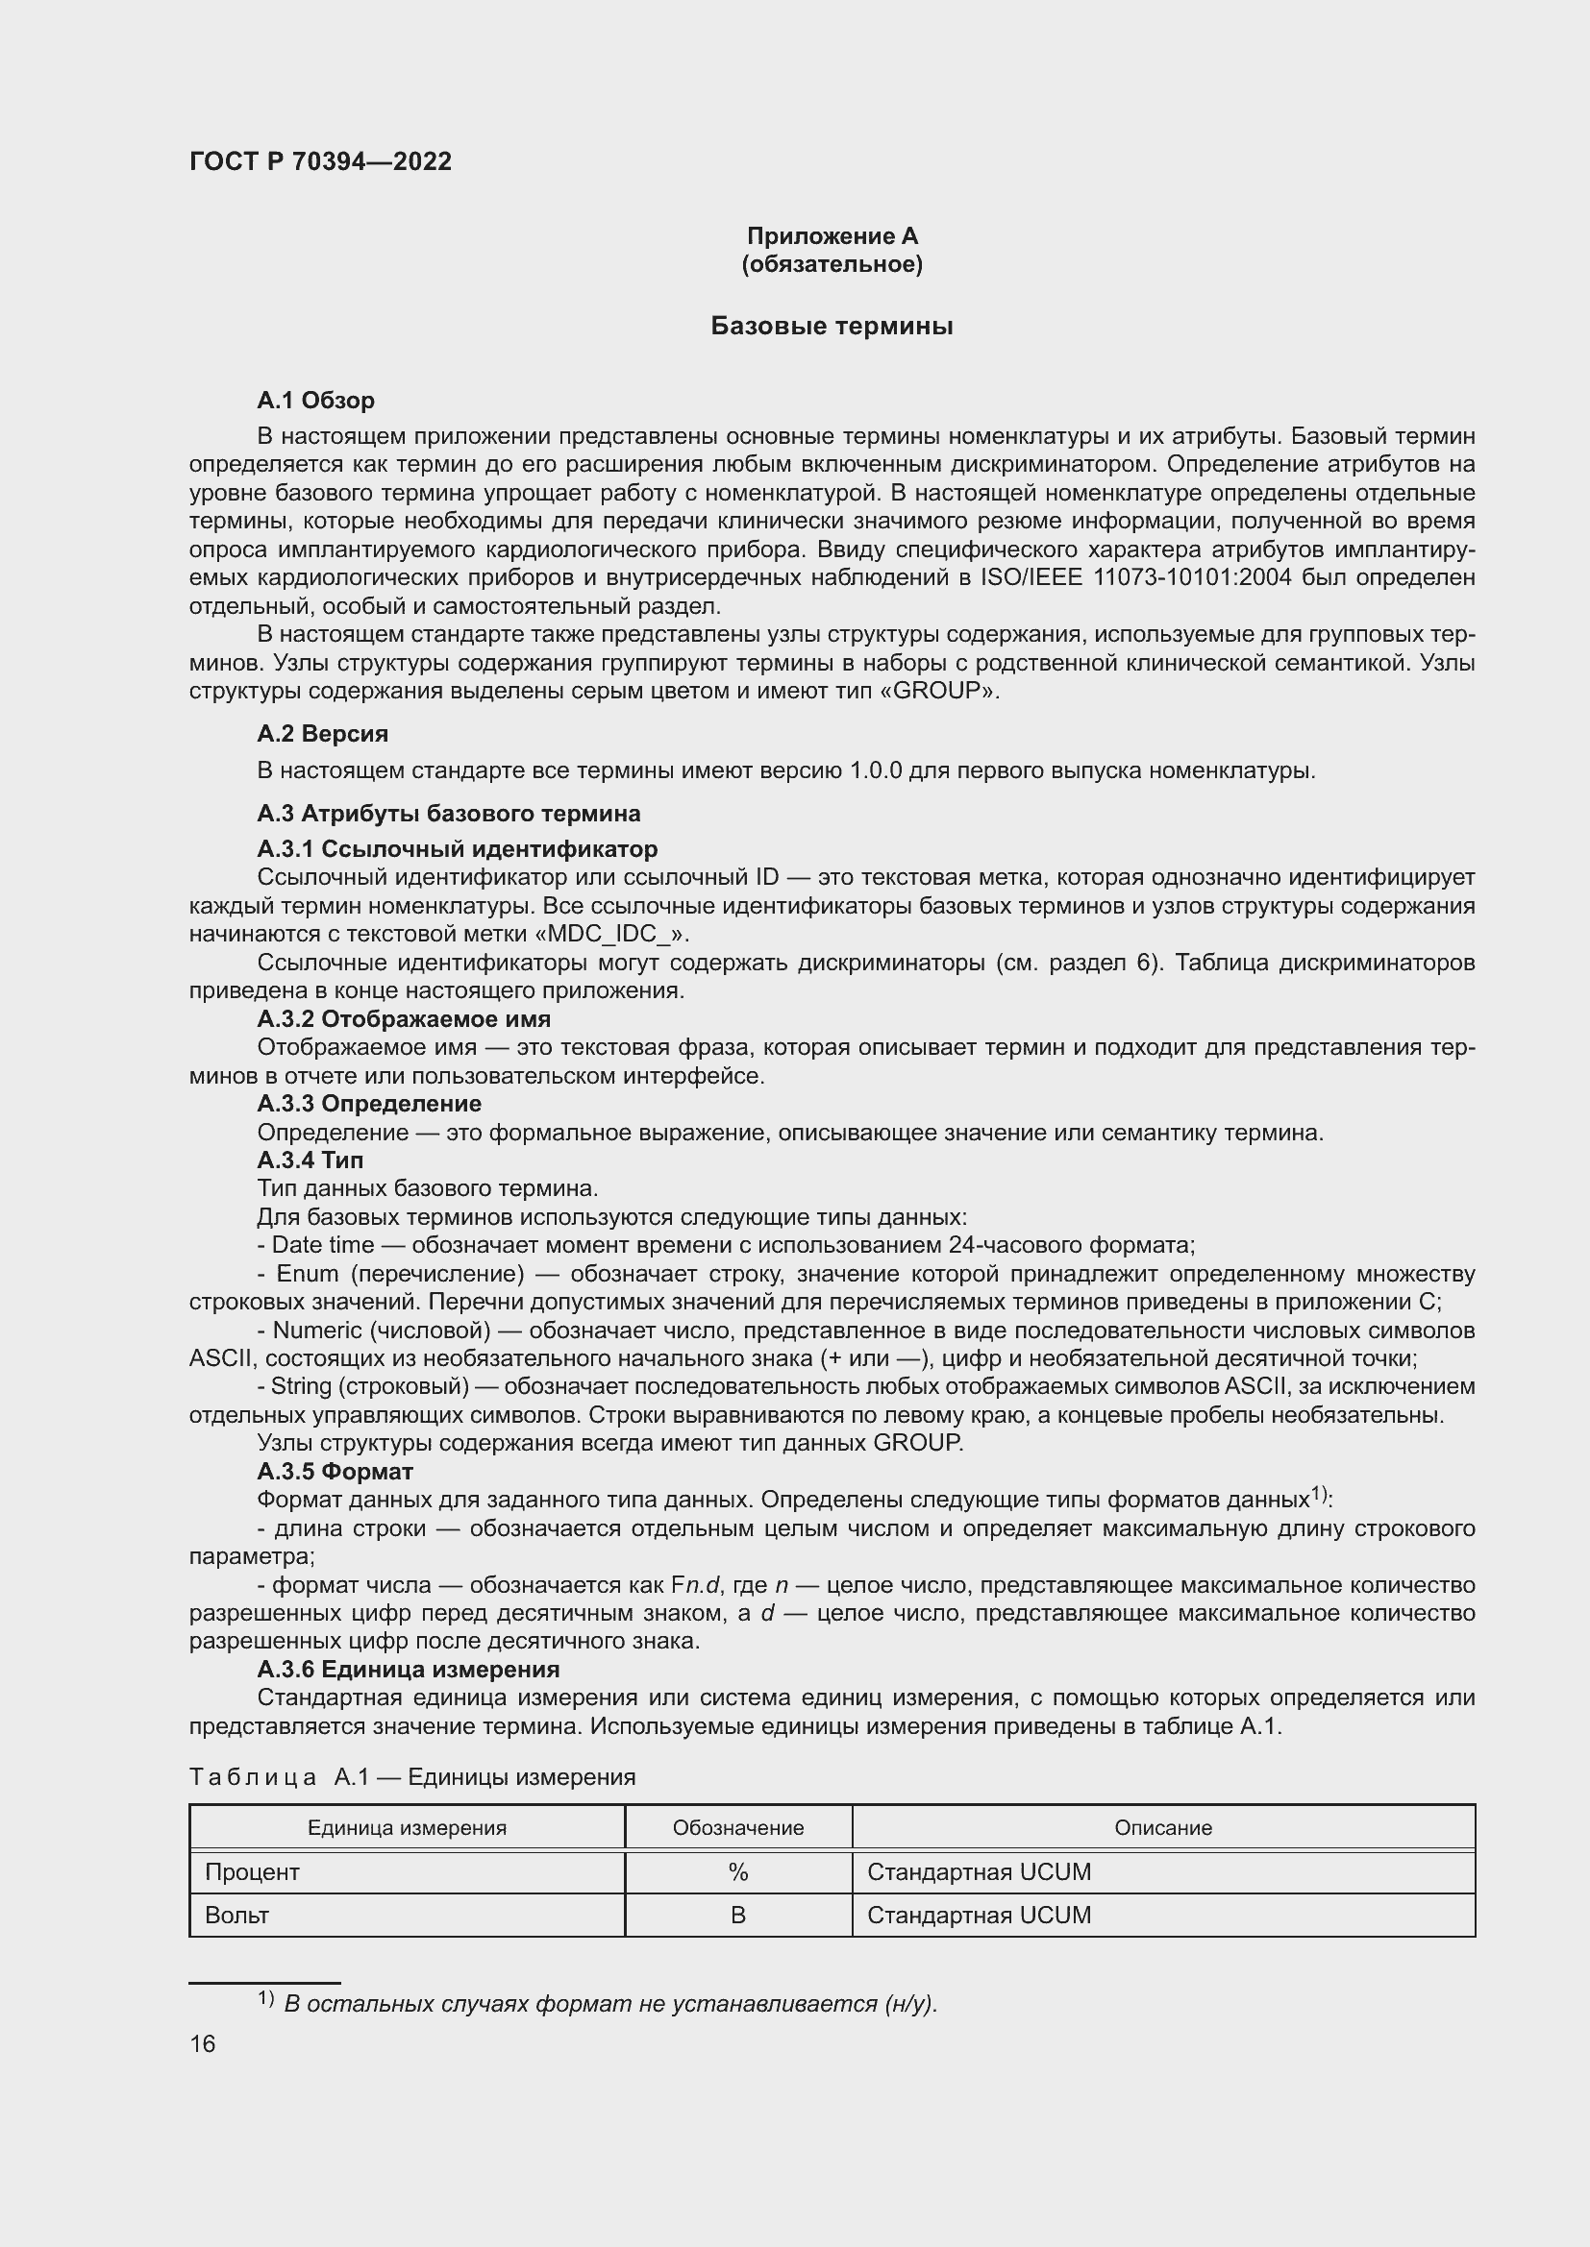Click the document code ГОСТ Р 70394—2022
click(320, 161)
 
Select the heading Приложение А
click(832, 236)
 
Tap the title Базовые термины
click(832, 326)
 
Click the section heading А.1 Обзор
click(315, 401)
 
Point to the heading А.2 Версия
click(322, 734)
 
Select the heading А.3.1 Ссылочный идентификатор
click(458, 848)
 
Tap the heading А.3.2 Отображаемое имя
click(404, 1018)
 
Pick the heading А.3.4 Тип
click(310, 1160)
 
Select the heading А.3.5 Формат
click(335, 1472)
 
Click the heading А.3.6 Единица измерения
click(409, 1670)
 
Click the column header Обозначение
click(737, 1828)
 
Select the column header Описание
click(1162, 1828)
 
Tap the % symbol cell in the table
click(737, 1872)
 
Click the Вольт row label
click(236, 1916)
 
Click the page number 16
click(203, 2044)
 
